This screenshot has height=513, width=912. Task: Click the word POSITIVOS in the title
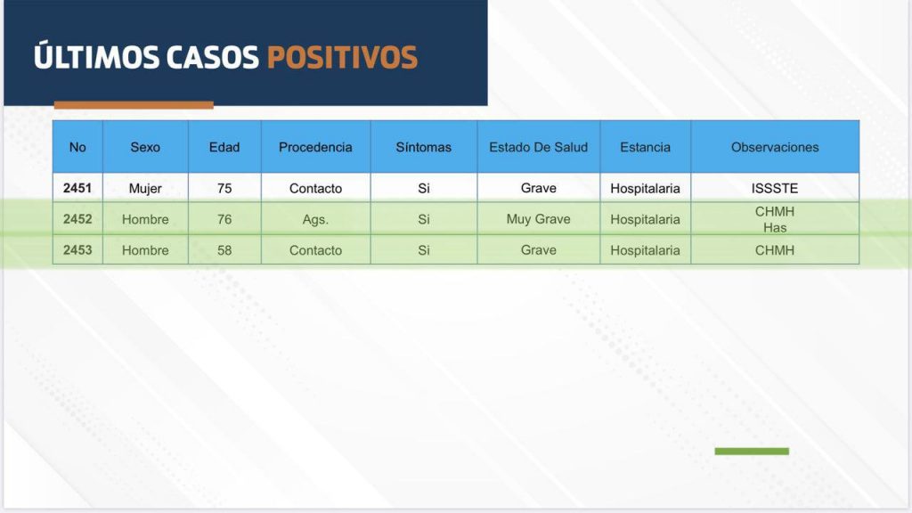(x=342, y=57)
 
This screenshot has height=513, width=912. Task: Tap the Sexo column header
(x=145, y=147)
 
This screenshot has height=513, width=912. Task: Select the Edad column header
(x=224, y=147)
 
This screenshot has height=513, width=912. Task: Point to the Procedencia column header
(x=315, y=147)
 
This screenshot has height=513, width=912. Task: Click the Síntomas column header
(x=423, y=147)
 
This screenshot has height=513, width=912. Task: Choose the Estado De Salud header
(x=539, y=147)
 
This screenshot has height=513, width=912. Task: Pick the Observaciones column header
(x=775, y=147)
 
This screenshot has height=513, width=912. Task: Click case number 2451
(x=77, y=188)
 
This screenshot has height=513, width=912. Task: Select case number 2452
(x=77, y=219)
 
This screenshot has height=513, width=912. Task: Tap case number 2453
(x=77, y=249)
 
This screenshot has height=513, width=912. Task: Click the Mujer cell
(x=145, y=189)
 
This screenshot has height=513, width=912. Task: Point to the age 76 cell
(x=224, y=219)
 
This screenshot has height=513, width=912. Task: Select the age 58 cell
(x=224, y=250)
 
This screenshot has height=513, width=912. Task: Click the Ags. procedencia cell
(x=315, y=220)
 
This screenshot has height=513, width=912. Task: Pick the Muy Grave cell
(x=539, y=219)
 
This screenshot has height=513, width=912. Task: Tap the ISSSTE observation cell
(x=775, y=189)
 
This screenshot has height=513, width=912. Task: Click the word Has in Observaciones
(x=775, y=227)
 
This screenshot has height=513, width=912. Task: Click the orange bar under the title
(x=134, y=105)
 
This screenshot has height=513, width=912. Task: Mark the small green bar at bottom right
(x=752, y=452)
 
